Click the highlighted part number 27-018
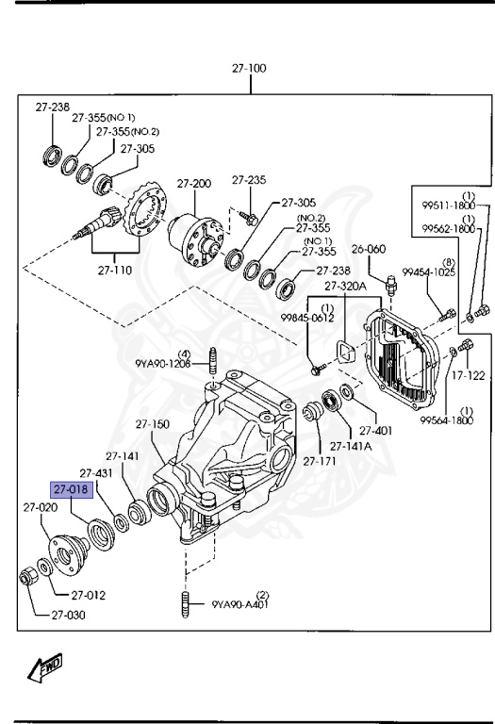[72, 490]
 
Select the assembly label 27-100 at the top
[250, 69]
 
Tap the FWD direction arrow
[44, 668]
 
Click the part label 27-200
[194, 183]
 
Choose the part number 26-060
[371, 249]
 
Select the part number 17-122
[468, 375]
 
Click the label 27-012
[87, 595]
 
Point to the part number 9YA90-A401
[240, 604]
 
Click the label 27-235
[250, 179]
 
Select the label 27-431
[96, 473]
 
